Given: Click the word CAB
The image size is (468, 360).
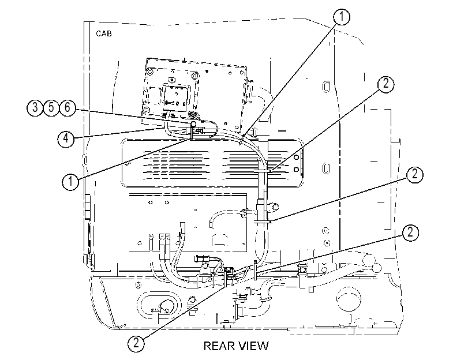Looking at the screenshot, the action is tap(103, 33).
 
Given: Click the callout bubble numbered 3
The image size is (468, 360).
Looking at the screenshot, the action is tap(35, 107).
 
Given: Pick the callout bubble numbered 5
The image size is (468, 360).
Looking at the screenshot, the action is tap(51, 107).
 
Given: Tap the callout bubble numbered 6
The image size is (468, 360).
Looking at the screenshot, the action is tap(68, 107).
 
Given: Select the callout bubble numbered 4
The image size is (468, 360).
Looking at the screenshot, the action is tap(66, 138).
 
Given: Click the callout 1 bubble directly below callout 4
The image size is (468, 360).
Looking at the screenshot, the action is tap(70, 181).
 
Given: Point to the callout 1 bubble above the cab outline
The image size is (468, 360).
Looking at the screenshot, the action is tap(342, 17).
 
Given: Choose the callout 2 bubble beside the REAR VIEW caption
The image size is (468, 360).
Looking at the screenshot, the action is tap(136, 343).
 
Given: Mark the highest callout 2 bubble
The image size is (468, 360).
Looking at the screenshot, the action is tap(386, 84).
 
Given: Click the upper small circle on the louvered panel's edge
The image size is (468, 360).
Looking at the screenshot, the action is tap(297, 157).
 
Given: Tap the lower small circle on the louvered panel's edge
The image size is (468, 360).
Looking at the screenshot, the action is tap(297, 170).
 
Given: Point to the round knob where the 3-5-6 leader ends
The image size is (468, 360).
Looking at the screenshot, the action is tap(193, 123).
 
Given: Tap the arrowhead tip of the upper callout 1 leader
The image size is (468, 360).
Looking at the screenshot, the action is tap(240, 145).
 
